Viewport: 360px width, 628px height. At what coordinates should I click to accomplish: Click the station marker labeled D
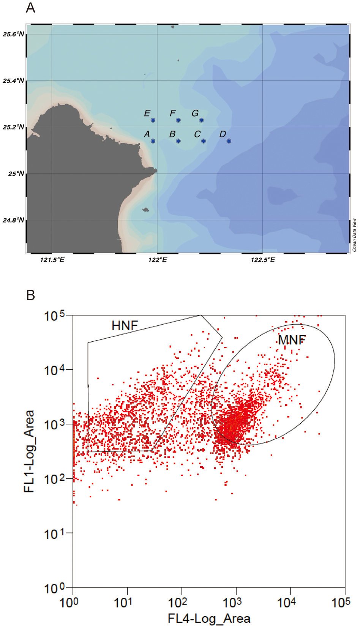[x=229, y=141]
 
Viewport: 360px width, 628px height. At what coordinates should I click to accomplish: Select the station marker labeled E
[x=153, y=120]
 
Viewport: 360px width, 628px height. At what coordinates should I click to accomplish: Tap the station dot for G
[x=201, y=120]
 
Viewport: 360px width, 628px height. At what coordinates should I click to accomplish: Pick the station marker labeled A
[x=153, y=141]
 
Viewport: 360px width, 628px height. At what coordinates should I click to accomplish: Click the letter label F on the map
[x=172, y=113]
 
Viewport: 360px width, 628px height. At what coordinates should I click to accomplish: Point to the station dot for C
[x=204, y=141]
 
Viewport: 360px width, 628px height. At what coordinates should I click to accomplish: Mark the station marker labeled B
[x=178, y=141]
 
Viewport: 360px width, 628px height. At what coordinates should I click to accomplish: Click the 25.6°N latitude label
[x=14, y=34]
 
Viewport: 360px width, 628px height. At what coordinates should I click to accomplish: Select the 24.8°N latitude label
[x=14, y=220]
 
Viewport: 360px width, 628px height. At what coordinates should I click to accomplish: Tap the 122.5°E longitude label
[x=263, y=260]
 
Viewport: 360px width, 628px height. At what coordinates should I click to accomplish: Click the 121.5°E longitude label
[x=52, y=260]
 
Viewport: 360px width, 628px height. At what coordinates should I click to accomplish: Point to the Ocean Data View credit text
[x=354, y=235]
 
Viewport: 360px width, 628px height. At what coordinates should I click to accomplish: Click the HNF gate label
[x=125, y=325]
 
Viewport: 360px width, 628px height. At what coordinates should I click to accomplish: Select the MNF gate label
[x=292, y=340]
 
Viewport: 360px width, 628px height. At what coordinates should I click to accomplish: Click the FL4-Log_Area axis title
[x=209, y=619]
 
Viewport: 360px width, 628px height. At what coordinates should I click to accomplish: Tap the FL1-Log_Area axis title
[x=29, y=451]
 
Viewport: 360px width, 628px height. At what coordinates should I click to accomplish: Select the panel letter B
[x=31, y=295]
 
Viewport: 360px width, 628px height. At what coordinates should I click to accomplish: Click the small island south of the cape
[x=145, y=210]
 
